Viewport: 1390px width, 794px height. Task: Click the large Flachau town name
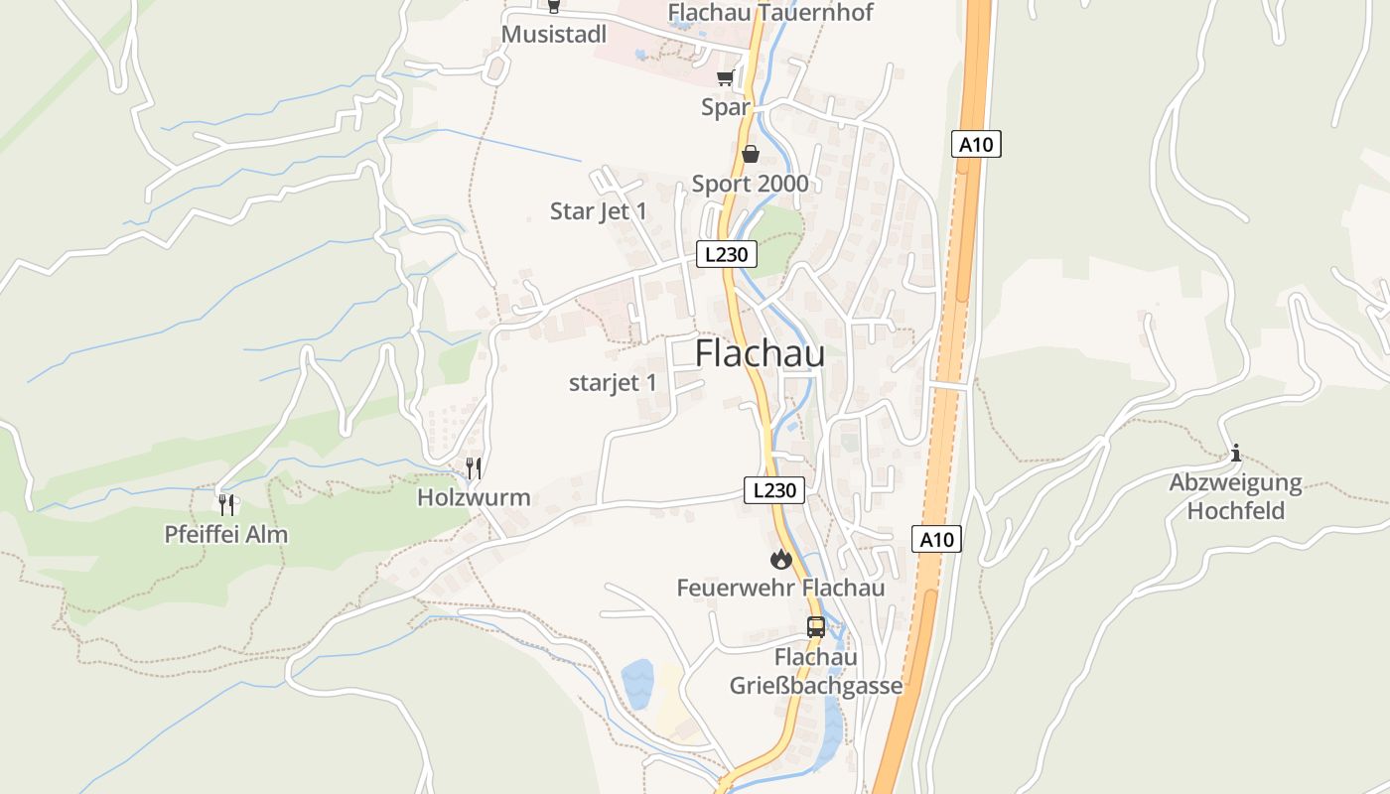click(x=760, y=352)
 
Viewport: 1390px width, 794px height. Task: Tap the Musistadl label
click(x=554, y=35)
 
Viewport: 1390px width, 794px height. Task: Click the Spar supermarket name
click(x=726, y=107)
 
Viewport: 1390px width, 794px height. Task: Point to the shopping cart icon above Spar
click(x=726, y=78)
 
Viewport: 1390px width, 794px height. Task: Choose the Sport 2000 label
click(x=750, y=184)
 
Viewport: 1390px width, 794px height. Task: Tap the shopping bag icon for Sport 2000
click(x=751, y=154)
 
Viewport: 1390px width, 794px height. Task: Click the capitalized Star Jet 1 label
click(x=599, y=211)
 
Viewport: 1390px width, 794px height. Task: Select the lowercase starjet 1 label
click(x=613, y=383)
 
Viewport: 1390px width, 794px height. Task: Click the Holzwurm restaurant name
click(x=474, y=498)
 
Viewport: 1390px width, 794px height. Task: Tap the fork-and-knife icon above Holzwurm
click(x=475, y=467)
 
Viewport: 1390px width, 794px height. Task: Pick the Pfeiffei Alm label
click(x=226, y=534)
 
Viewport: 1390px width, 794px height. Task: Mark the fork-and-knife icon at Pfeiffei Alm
click(x=227, y=504)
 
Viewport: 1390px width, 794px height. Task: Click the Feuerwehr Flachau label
click(x=780, y=588)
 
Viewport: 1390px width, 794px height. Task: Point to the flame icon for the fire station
click(x=781, y=559)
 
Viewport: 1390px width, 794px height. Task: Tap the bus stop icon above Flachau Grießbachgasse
click(x=816, y=627)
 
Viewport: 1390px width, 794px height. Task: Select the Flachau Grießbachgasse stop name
click(x=816, y=672)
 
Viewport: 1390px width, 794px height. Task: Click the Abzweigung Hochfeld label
click(x=1236, y=497)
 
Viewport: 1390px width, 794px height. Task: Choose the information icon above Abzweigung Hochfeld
click(x=1235, y=454)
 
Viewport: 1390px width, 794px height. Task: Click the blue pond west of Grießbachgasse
click(x=637, y=684)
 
